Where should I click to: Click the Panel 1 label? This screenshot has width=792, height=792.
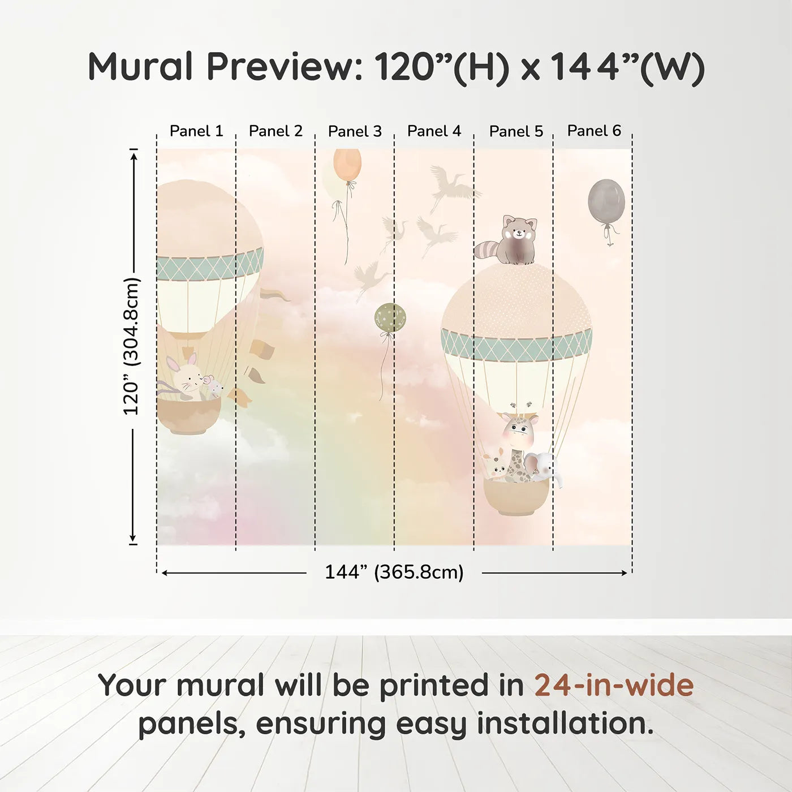click(196, 131)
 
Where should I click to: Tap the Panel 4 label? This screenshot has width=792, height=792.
click(434, 131)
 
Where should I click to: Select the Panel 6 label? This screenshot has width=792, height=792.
click(594, 131)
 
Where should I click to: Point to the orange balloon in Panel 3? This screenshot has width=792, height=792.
click(347, 164)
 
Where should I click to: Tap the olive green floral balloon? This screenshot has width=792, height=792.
click(390, 318)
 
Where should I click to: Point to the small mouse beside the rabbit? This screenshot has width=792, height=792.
click(214, 388)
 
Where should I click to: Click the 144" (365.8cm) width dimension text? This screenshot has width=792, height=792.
click(394, 573)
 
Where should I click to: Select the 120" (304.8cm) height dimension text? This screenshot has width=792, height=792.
click(131, 346)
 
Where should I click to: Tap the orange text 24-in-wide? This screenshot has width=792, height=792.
click(614, 686)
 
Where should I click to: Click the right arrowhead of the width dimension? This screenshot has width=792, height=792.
click(624, 573)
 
